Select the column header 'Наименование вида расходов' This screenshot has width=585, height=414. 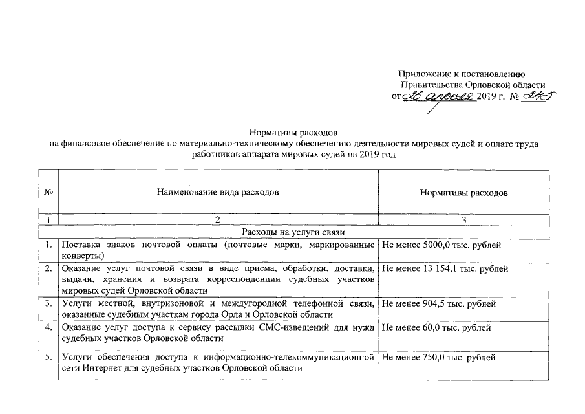[218, 193]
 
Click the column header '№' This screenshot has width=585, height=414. [48, 193]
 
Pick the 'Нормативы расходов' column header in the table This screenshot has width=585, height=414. [463, 193]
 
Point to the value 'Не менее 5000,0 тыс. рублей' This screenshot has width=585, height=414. [442, 245]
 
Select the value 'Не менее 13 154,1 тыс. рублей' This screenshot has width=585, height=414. [446, 268]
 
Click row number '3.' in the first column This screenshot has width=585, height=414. [48, 303]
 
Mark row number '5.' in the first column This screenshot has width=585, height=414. [48, 356]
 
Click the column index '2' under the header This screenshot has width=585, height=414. [217, 221]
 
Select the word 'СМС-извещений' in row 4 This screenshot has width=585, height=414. [277, 327]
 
